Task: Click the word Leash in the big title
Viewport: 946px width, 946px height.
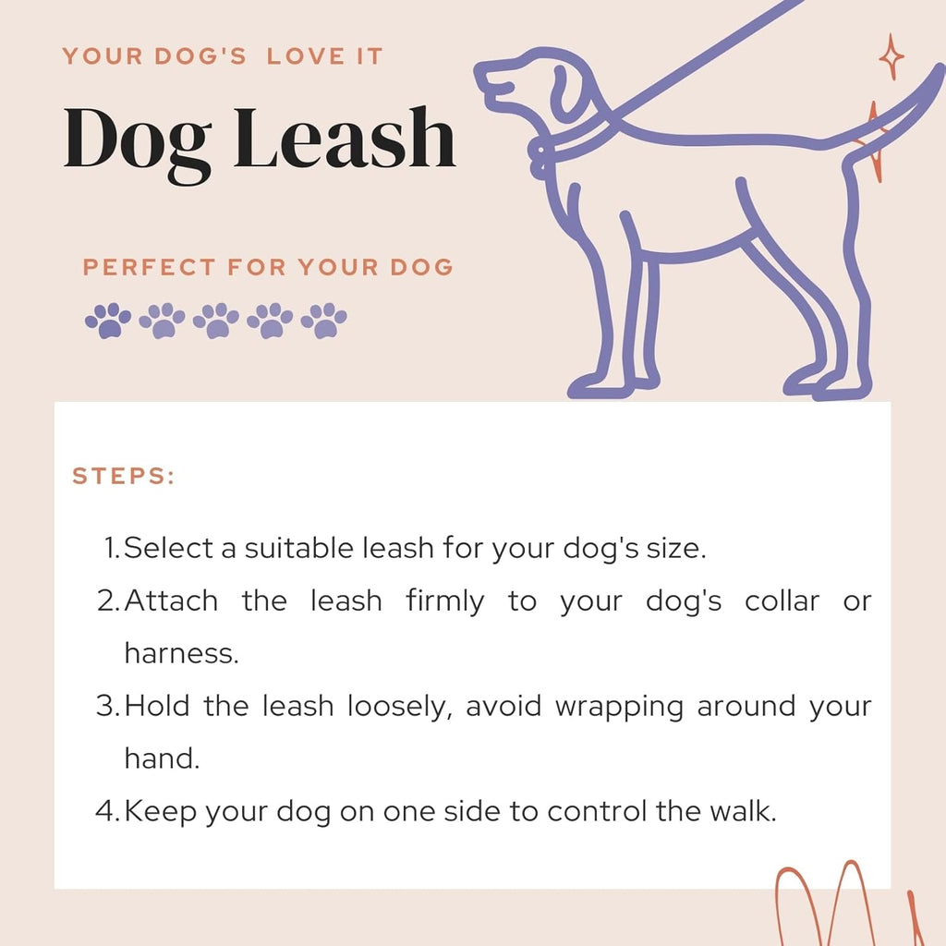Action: tap(345, 138)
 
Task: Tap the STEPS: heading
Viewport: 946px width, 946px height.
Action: tap(124, 477)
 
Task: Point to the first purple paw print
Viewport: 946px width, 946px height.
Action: tap(108, 320)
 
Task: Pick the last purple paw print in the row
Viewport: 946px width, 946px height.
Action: tap(324, 320)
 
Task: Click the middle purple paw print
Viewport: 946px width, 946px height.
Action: tap(216, 320)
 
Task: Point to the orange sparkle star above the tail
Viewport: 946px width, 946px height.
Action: tap(891, 57)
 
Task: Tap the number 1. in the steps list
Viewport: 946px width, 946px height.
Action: tap(112, 548)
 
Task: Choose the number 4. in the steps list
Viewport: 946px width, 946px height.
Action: tap(108, 811)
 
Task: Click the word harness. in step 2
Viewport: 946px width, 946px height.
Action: tap(181, 653)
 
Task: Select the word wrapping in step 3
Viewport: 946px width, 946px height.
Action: tap(619, 707)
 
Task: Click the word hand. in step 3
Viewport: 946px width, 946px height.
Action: tap(162, 758)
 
